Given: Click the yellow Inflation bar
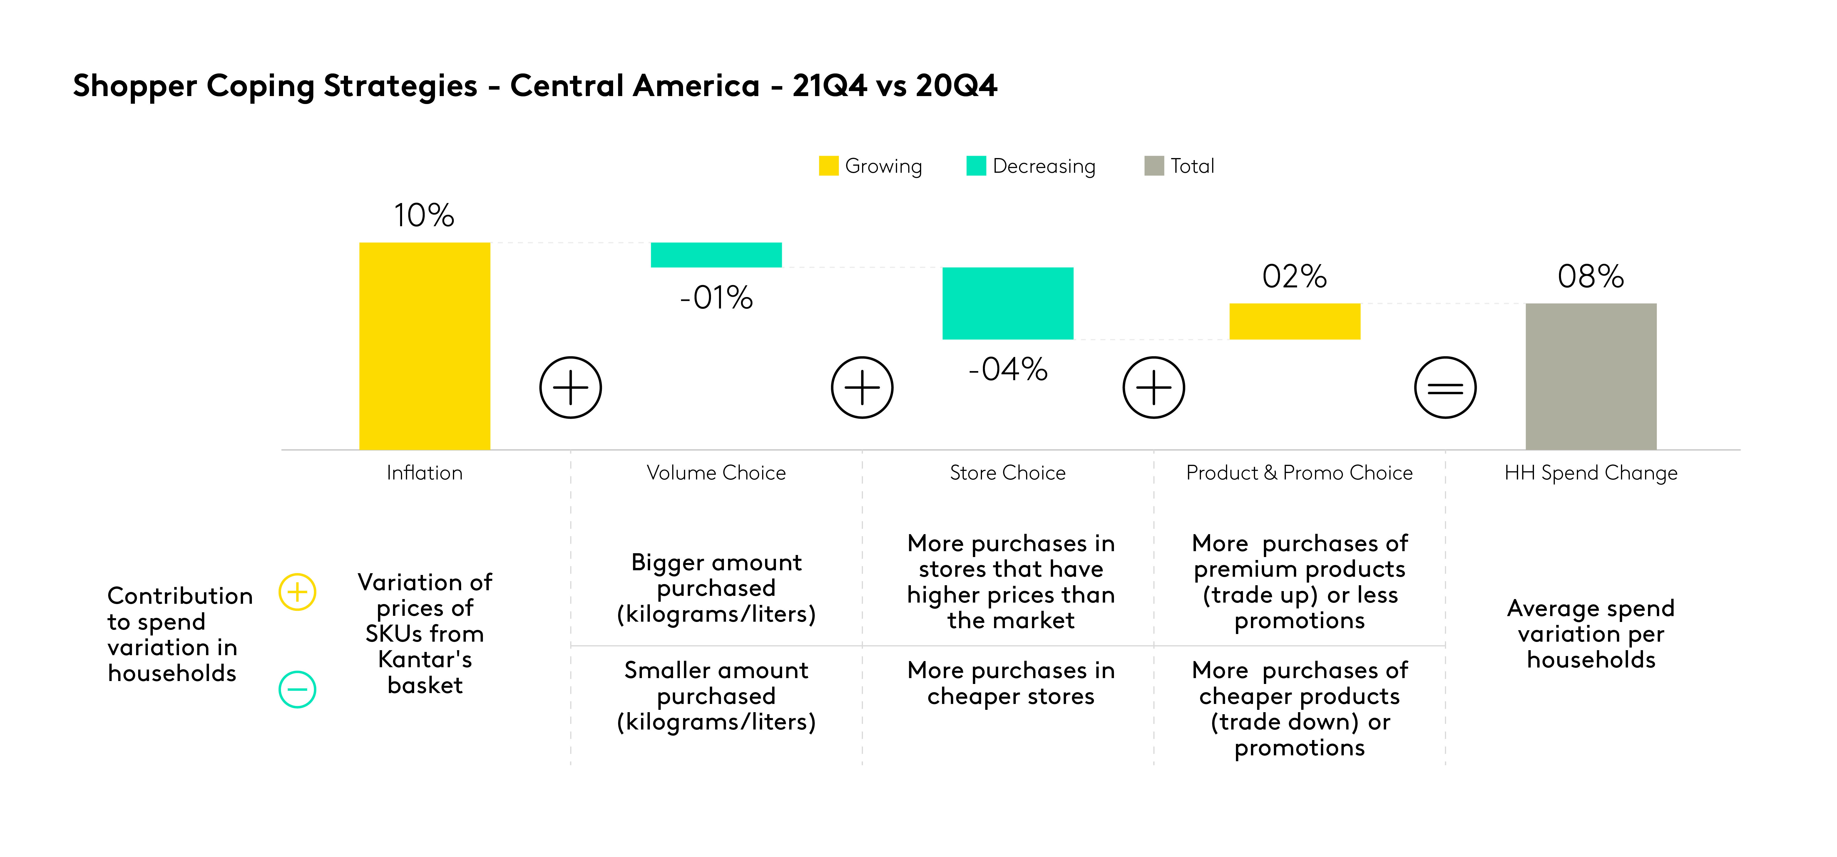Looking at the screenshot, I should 424,346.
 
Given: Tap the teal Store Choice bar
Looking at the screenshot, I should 1008,303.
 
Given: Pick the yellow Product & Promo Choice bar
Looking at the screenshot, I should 1294,321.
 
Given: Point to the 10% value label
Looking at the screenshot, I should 424,215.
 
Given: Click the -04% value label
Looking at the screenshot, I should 1008,369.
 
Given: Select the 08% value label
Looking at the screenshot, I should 1590,277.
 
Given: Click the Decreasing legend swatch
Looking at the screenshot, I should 976,165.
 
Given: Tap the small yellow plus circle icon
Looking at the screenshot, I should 297,592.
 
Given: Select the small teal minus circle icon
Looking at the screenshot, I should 297,690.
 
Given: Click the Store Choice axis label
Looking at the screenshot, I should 1008,473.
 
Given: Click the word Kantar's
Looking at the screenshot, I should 425,660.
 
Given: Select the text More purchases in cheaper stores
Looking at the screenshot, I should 1010,683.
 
